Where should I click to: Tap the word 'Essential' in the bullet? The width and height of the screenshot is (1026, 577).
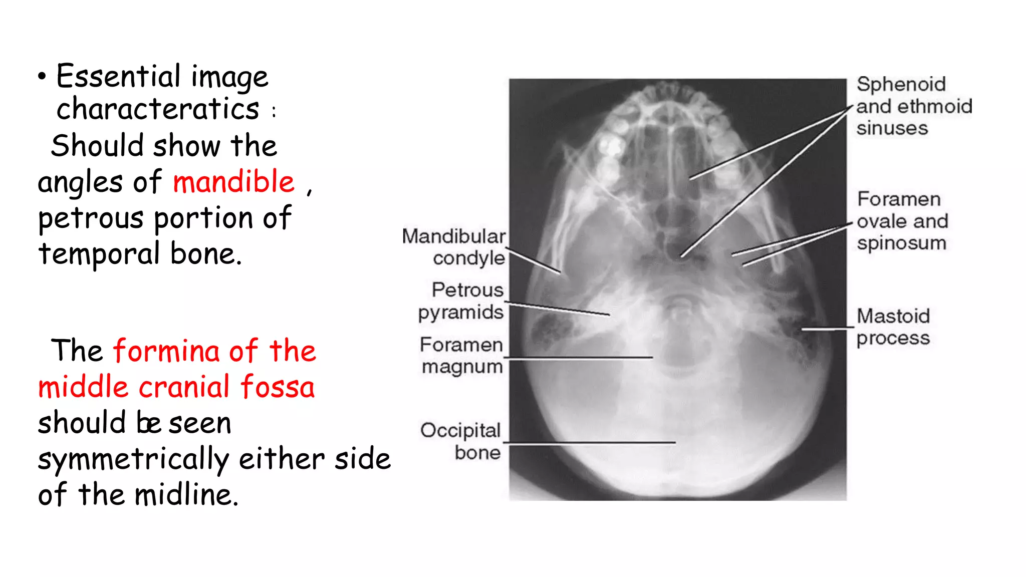click(118, 77)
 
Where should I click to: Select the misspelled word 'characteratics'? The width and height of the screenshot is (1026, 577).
click(158, 109)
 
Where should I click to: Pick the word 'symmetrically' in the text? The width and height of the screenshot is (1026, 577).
click(133, 460)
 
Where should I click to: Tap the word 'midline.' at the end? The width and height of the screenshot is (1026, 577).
click(186, 495)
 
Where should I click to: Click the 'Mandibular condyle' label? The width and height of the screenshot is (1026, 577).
click(454, 247)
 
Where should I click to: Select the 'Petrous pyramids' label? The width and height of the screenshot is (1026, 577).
click(461, 301)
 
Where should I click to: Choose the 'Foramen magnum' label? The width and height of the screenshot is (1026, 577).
click(461, 355)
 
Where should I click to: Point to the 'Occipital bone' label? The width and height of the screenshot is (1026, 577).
click(461, 441)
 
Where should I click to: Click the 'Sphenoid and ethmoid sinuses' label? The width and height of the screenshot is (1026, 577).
click(914, 106)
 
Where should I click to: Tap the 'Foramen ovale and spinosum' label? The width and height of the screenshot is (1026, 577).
click(902, 221)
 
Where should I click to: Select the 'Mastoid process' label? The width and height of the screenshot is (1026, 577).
click(893, 327)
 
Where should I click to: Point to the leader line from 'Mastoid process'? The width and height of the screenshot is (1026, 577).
click(827, 329)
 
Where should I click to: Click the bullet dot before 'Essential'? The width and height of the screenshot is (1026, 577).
click(42, 77)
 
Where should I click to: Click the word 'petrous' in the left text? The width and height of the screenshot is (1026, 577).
click(91, 219)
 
